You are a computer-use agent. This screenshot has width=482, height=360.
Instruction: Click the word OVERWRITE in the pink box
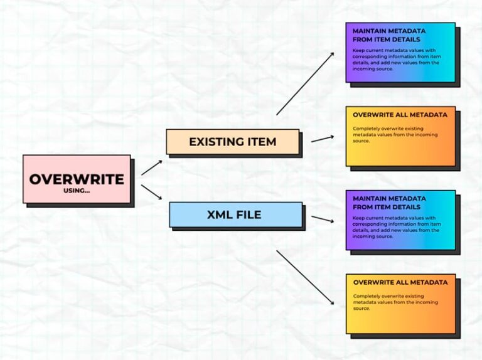(77, 179)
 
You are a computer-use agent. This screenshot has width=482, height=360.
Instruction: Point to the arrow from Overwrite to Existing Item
(151, 167)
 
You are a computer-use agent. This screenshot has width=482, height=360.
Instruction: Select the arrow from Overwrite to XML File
(151, 192)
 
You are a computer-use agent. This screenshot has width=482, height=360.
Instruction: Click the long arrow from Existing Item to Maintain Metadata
(305, 84)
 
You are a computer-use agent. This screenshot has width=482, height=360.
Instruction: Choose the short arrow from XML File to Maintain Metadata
(322, 219)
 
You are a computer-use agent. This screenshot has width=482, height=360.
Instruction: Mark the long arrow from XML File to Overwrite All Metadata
(305, 277)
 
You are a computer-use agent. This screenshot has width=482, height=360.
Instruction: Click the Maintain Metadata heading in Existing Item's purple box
(389, 34)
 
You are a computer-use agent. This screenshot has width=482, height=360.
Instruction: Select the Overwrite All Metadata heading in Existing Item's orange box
(400, 115)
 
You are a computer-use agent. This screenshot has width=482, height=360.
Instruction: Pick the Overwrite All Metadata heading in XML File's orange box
(400, 282)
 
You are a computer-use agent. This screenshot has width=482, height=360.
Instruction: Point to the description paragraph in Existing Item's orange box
(395, 135)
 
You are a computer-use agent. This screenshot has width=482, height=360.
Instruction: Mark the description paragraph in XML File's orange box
(395, 302)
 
